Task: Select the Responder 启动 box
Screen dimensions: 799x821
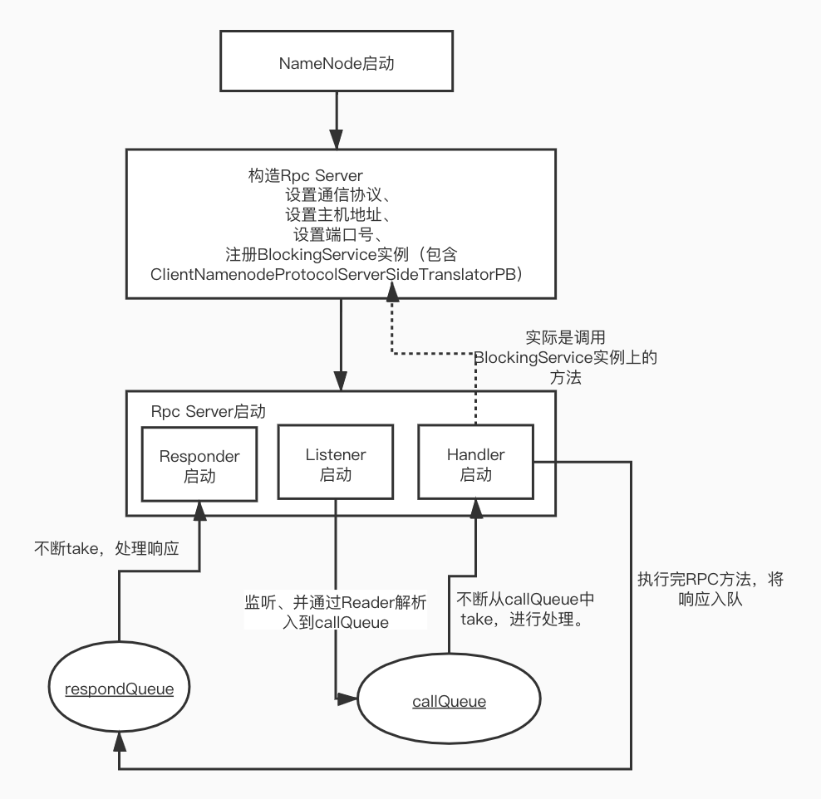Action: tap(199, 466)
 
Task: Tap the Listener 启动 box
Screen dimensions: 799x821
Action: tap(336, 464)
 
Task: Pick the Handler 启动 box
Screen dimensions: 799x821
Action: tap(475, 464)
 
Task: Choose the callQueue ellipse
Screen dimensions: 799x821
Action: tap(449, 702)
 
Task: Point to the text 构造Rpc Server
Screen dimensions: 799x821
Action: tap(304, 175)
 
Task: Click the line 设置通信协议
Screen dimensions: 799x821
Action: tap(338, 196)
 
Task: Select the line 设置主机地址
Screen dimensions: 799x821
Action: tap(338, 215)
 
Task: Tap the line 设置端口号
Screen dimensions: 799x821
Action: tap(338, 234)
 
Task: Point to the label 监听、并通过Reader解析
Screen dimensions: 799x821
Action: tap(335, 601)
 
